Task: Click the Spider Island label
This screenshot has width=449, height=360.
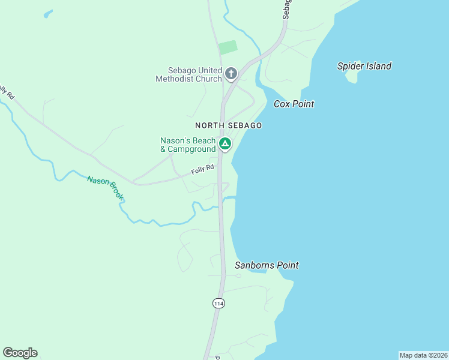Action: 364,66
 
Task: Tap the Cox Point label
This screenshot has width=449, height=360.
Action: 294,104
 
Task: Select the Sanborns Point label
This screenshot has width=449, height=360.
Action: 267,265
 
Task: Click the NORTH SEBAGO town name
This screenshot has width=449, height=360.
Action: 228,125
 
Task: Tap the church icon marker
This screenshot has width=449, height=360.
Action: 231,74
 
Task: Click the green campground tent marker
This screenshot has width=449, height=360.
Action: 224,144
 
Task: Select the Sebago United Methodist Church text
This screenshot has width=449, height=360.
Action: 188,74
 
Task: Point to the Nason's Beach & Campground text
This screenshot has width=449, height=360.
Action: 187,145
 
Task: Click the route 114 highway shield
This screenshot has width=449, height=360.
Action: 218,304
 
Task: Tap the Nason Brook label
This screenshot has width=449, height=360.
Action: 106,188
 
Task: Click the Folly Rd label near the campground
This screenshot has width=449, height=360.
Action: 202,170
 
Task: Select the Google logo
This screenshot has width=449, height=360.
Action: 20,353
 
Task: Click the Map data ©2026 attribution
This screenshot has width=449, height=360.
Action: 423,355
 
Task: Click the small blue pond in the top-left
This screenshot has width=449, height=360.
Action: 47,13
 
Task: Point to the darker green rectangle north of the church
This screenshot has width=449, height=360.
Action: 228,47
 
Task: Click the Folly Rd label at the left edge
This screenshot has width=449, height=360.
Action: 5,92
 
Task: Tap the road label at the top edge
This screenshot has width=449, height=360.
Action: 286,9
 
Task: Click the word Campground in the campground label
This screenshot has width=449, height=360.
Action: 191,149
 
